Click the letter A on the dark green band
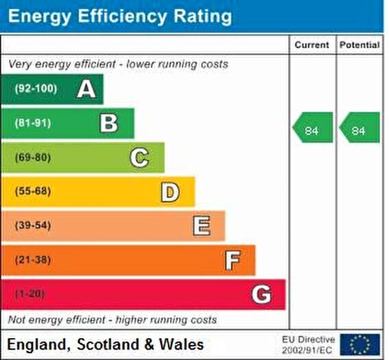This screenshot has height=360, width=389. point(86,89)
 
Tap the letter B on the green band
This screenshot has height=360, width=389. point(108,123)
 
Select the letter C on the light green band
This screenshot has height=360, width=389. point(139,158)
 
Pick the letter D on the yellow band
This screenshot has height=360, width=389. point(170,192)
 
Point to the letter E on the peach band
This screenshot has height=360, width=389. point(202,226)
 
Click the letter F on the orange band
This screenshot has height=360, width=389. point(233,260)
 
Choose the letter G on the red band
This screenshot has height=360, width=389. point(261,294)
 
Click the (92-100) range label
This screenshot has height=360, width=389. point(36,88)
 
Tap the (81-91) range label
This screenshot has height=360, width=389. point(33,123)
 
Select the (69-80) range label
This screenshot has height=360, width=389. point(33,158)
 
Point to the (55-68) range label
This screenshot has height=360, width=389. point(33,191)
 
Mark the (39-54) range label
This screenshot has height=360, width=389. point(33,226)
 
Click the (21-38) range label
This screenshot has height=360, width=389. point(33,260)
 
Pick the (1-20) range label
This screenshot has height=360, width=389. point(30,293)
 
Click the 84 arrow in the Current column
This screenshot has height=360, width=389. point(313,128)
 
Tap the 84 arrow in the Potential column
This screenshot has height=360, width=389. point(359,128)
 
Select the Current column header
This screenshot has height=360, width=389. point(312,45)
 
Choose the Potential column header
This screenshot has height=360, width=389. point(359,45)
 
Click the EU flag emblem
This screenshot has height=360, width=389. point(360,345)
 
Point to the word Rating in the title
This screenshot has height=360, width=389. point(203,17)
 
